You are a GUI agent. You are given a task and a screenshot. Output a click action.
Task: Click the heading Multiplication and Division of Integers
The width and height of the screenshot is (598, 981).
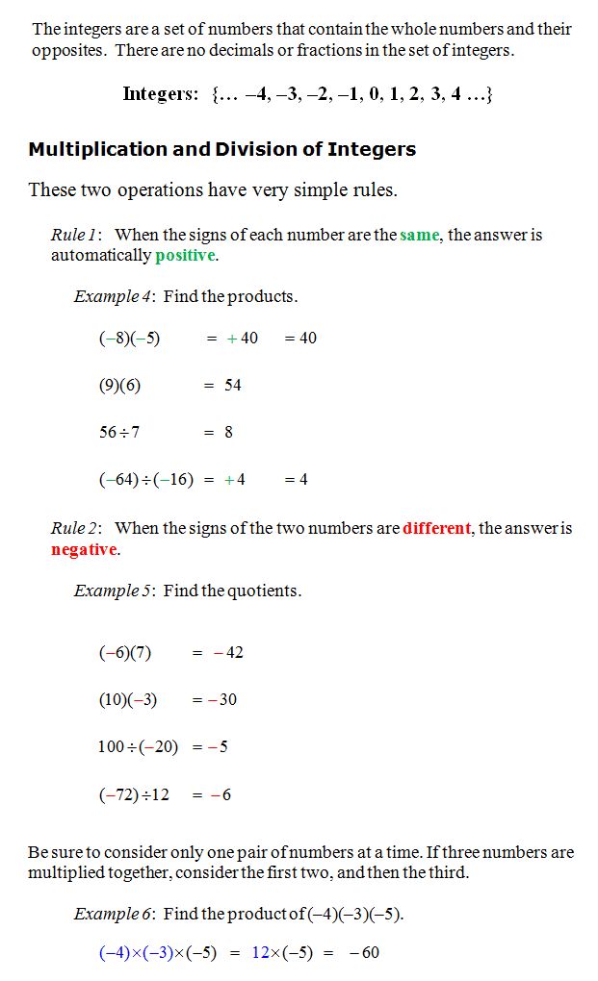[221, 149]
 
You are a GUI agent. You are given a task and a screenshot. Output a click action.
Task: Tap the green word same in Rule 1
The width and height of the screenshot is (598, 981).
[419, 235]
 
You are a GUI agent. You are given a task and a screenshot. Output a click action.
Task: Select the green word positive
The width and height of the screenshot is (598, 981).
[186, 256]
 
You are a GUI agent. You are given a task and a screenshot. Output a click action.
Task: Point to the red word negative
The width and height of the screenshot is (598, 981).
[84, 549]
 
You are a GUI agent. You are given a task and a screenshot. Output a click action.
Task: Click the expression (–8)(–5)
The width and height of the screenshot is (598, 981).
[129, 339]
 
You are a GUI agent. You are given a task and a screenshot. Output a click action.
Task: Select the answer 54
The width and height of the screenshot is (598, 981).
[232, 386]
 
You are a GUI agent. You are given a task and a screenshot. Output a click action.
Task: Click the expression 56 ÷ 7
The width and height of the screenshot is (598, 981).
[118, 433]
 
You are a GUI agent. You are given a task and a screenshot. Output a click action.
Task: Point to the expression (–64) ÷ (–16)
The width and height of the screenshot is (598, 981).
[145, 480]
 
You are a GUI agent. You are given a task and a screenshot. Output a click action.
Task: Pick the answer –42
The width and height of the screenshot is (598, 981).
[228, 653]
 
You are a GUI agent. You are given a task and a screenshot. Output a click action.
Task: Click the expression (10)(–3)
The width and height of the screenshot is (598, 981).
[127, 700]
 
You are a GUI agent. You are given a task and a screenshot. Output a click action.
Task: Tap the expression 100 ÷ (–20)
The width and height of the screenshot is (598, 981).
[138, 747]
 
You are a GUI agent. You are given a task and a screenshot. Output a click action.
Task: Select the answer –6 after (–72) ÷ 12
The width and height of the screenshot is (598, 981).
[221, 794]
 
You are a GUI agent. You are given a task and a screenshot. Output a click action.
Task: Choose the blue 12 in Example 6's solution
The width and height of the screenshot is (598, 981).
[261, 953]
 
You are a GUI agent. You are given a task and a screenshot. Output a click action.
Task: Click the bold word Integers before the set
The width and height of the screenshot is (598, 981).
[160, 94]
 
